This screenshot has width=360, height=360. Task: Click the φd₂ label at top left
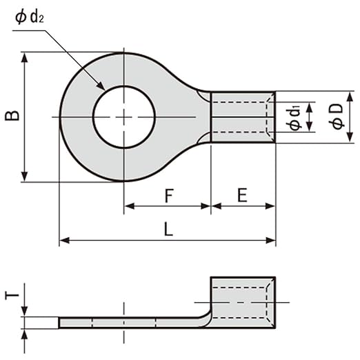pyautogui.click(x=29, y=17)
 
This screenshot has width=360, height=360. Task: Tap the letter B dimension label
pyautogui.click(x=12, y=115)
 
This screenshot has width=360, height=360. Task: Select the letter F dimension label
pyautogui.click(x=169, y=195)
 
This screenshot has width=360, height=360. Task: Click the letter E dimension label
pyautogui.click(x=242, y=195)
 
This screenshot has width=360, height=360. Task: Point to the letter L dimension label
pyautogui.click(x=168, y=230)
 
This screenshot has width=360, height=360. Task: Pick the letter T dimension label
pyautogui.click(x=12, y=295)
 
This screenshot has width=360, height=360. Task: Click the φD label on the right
pyautogui.click(x=337, y=117)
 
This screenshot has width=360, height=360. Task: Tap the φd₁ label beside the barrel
pyautogui.click(x=294, y=119)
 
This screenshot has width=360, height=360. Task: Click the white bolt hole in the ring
pyautogui.click(x=124, y=117)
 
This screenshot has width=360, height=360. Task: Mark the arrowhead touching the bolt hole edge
pyautogui.click(x=101, y=86)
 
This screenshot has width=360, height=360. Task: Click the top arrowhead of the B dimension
pyautogui.click(x=24, y=57)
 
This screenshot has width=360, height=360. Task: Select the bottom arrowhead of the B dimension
pyautogui.click(x=24, y=177)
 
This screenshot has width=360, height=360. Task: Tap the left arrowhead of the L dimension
pyautogui.click(x=65, y=241)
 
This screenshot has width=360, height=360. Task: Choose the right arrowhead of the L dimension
pyautogui.click(x=270, y=241)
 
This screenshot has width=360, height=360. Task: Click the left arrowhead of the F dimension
pyautogui.click(x=130, y=206)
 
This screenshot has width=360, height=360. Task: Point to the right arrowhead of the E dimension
pyautogui.click(x=270, y=206)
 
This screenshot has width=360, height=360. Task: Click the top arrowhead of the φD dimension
pyautogui.click(x=350, y=97)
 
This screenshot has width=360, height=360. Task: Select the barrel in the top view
pyautogui.click(x=243, y=117)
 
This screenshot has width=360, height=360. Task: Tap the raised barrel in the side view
pyautogui.click(x=243, y=303)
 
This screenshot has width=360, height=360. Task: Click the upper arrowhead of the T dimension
pyautogui.click(x=24, y=312)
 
